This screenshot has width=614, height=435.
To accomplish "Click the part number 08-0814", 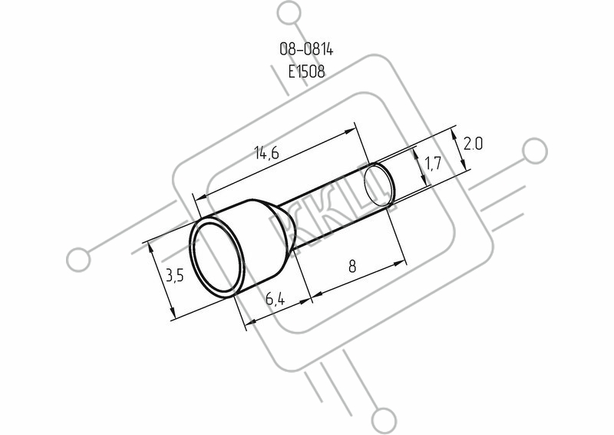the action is [306, 49].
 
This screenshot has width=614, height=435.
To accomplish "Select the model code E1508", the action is [306, 71].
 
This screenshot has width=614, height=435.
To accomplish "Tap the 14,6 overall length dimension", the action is [266, 152].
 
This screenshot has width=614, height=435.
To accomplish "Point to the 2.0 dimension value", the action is [473, 144].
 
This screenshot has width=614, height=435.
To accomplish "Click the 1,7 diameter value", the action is [432, 163].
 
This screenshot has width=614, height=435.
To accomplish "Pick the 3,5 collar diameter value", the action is [175, 276].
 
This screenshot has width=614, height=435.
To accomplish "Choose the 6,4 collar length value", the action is [276, 299].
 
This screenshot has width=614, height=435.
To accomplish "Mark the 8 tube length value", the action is [352, 267].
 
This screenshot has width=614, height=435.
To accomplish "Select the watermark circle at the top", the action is [289, 12].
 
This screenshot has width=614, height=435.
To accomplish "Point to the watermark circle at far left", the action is [78, 260].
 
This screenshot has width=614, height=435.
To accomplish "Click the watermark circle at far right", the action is [535, 151].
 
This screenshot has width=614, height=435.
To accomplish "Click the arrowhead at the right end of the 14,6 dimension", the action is [350, 131].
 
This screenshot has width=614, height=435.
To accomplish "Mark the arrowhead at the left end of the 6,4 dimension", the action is [250, 322].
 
